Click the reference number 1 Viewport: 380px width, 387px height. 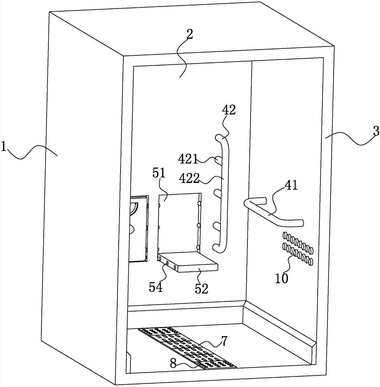click(x=3, y=146)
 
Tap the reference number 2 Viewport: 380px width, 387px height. click(x=189, y=34)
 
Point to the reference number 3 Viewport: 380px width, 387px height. click(x=376, y=131)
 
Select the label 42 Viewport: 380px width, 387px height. click(x=229, y=110)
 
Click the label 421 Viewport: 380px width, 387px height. click(x=188, y=159)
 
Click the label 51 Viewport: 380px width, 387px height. click(x=158, y=173)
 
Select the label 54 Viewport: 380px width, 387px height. click(x=156, y=287)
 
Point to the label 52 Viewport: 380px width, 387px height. click(x=201, y=289)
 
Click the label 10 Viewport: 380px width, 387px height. click(x=281, y=278)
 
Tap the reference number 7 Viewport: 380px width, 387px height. click(x=223, y=341)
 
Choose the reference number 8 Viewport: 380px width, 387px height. click(x=173, y=363)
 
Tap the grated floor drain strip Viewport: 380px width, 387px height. click(x=187, y=348)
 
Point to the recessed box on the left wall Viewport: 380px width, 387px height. click(x=138, y=228)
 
